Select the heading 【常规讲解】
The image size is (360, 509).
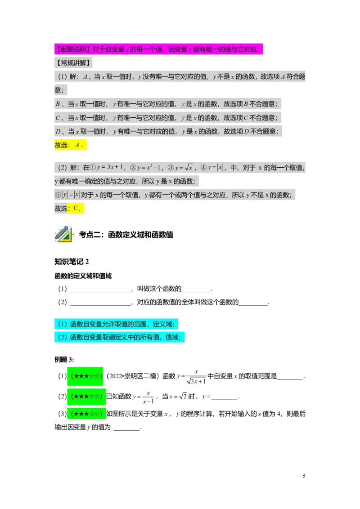[73, 63]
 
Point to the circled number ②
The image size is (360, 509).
[133, 168]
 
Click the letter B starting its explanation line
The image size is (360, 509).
[58, 104]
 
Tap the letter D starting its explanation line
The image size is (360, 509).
[58, 131]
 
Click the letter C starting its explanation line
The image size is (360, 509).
[58, 118]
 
